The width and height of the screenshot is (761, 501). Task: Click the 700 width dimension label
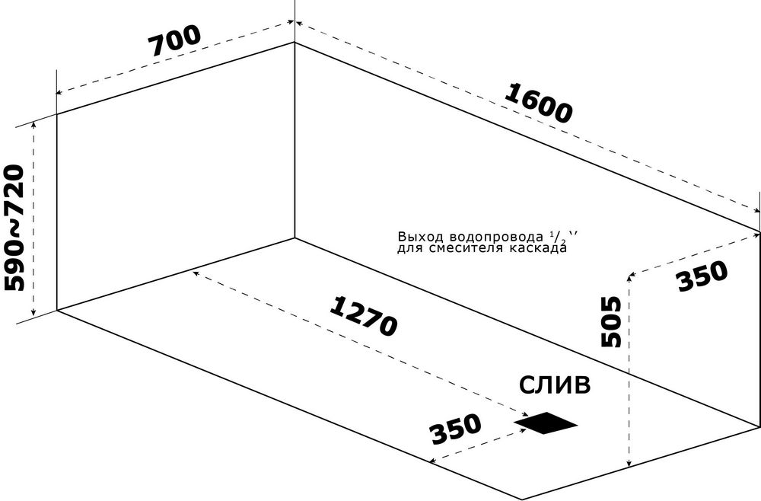tap(175, 41)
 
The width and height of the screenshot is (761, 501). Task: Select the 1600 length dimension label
tap(538, 104)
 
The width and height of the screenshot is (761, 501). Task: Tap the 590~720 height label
tap(14, 228)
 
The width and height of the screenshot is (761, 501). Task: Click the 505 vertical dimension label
tap(611, 321)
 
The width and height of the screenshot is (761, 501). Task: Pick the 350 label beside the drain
tap(456, 429)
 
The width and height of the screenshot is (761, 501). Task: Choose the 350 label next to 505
tap(702, 276)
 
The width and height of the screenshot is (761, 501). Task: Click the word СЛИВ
tap(555, 385)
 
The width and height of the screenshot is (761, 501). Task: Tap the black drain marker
tap(546, 423)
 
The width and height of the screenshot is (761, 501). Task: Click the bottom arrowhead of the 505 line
tap(629, 463)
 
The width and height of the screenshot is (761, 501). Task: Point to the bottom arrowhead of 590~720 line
tap(33, 313)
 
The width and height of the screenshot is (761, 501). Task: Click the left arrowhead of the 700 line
tap(59, 92)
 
